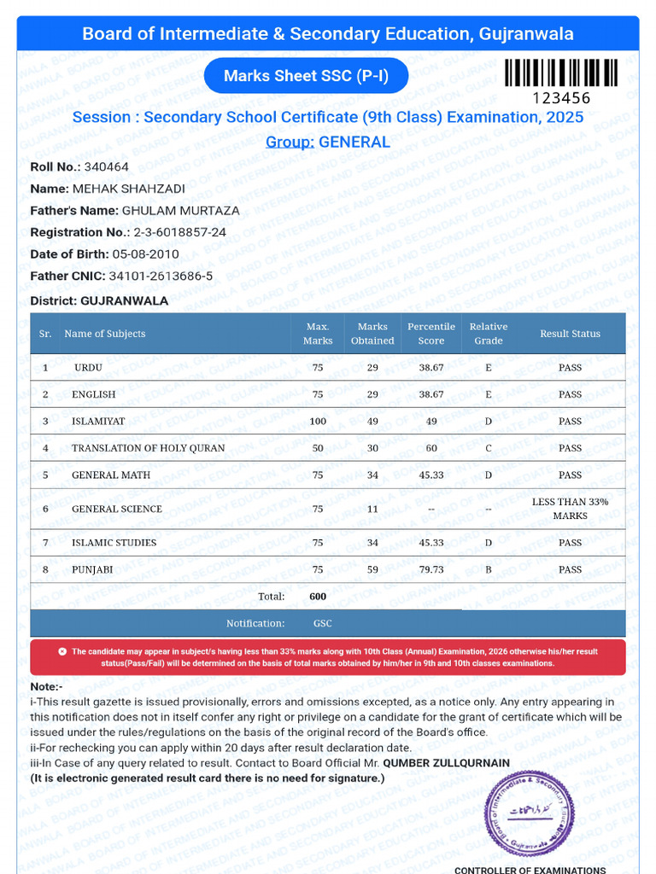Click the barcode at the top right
point(559,73)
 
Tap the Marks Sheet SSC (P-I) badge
point(306,76)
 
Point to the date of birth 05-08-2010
point(146,253)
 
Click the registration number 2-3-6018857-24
point(179,232)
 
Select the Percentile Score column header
point(431,334)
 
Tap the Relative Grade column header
point(488,334)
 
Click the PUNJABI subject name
point(93,569)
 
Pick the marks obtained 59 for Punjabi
point(372,569)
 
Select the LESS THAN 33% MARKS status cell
point(570,509)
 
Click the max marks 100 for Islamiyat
point(318,421)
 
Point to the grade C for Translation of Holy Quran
point(488,448)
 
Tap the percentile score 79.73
point(431,569)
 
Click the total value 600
point(318,597)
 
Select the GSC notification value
point(323,623)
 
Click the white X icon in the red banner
point(61,651)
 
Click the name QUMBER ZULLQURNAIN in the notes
point(446,763)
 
